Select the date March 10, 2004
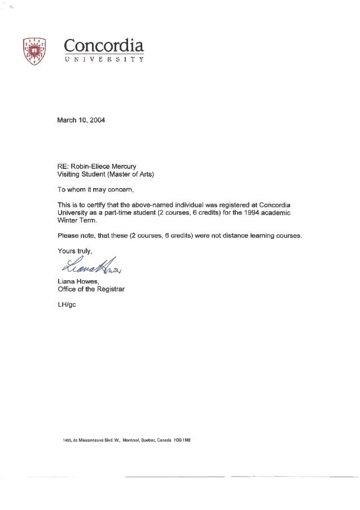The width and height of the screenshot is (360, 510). coord(81,120)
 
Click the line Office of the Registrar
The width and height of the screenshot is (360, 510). coord(91,290)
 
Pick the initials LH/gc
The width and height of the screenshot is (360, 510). coord(67,304)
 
